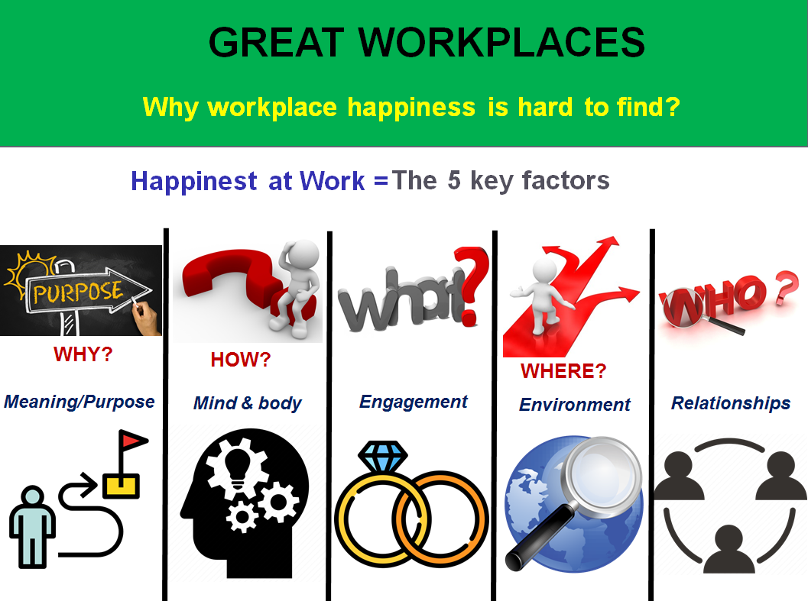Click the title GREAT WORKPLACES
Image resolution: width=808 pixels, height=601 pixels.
tap(427, 43)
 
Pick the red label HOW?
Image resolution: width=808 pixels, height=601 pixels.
tap(240, 360)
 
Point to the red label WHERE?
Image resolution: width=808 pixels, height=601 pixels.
tap(563, 371)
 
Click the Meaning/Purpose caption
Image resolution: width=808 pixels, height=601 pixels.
tap(80, 402)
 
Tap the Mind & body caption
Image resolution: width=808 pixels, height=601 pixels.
tap(247, 403)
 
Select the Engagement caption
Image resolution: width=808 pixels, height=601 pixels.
tap(414, 402)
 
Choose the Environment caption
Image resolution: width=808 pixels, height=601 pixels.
tap(575, 405)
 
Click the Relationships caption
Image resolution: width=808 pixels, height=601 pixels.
tap(731, 403)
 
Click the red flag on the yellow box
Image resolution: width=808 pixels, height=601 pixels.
tap(133, 441)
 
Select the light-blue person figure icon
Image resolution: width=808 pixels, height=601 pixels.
tap(32, 527)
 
